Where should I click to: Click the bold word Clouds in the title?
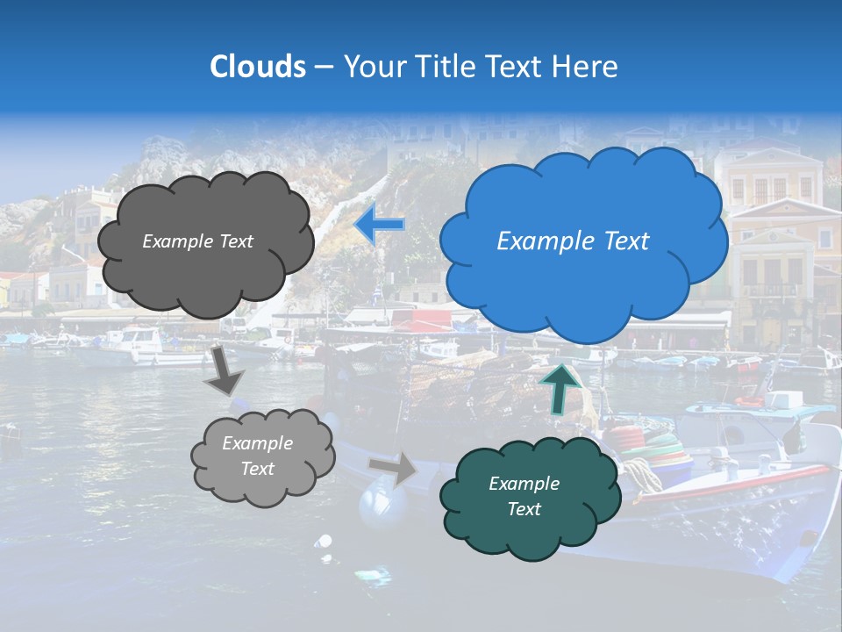[x=258, y=67]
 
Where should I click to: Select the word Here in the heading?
[x=587, y=67]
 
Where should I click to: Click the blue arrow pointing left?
[x=379, y=225]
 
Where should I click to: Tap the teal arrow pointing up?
[x=560, y=387]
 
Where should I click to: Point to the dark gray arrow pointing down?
[x=224, y=370]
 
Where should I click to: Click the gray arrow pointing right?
[x=394, y=469]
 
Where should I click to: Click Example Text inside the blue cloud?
[x=573, y=241]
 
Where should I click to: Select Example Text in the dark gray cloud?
[x=197, y=241]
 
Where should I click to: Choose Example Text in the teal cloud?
[x=524, y=496]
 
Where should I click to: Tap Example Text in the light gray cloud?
[x=257, y=456]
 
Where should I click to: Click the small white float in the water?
[x=325, y=542]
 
